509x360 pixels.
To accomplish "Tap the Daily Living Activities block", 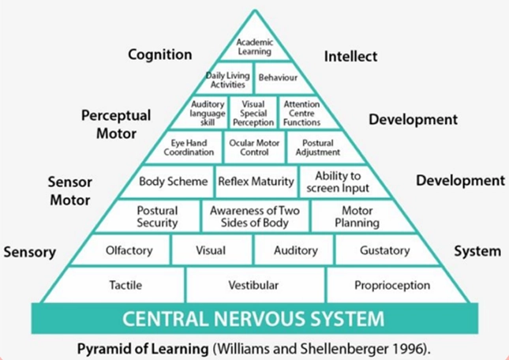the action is coord(226,79).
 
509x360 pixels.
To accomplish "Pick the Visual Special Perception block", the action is coord(253,114).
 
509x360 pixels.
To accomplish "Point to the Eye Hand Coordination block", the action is coord(186,148).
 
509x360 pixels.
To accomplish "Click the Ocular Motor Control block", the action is coord(254,148).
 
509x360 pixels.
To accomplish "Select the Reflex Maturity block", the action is coord(256,181).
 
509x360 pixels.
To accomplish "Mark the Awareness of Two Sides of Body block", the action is coord(255,216).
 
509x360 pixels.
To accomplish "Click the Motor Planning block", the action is coord(360,216).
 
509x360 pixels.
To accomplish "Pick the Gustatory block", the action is coord(385,250).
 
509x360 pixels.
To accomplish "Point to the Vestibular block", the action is coord(255,285).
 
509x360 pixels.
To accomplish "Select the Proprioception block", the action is coord(395,285).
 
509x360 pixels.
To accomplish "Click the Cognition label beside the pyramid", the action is coord(160,54).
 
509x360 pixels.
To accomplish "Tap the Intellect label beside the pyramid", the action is coord(350,57).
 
